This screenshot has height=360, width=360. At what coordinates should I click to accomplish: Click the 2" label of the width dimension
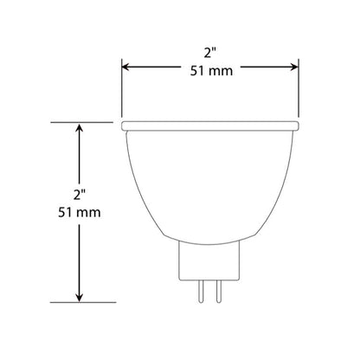click(x=211, y=53)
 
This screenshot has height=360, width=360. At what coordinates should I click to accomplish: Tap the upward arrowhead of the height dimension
click(x=80, y=128)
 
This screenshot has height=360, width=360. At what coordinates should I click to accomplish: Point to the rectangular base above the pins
click(x=211, y=260)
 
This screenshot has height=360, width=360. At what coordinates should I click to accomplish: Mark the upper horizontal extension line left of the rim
click(x=87, y=122)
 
